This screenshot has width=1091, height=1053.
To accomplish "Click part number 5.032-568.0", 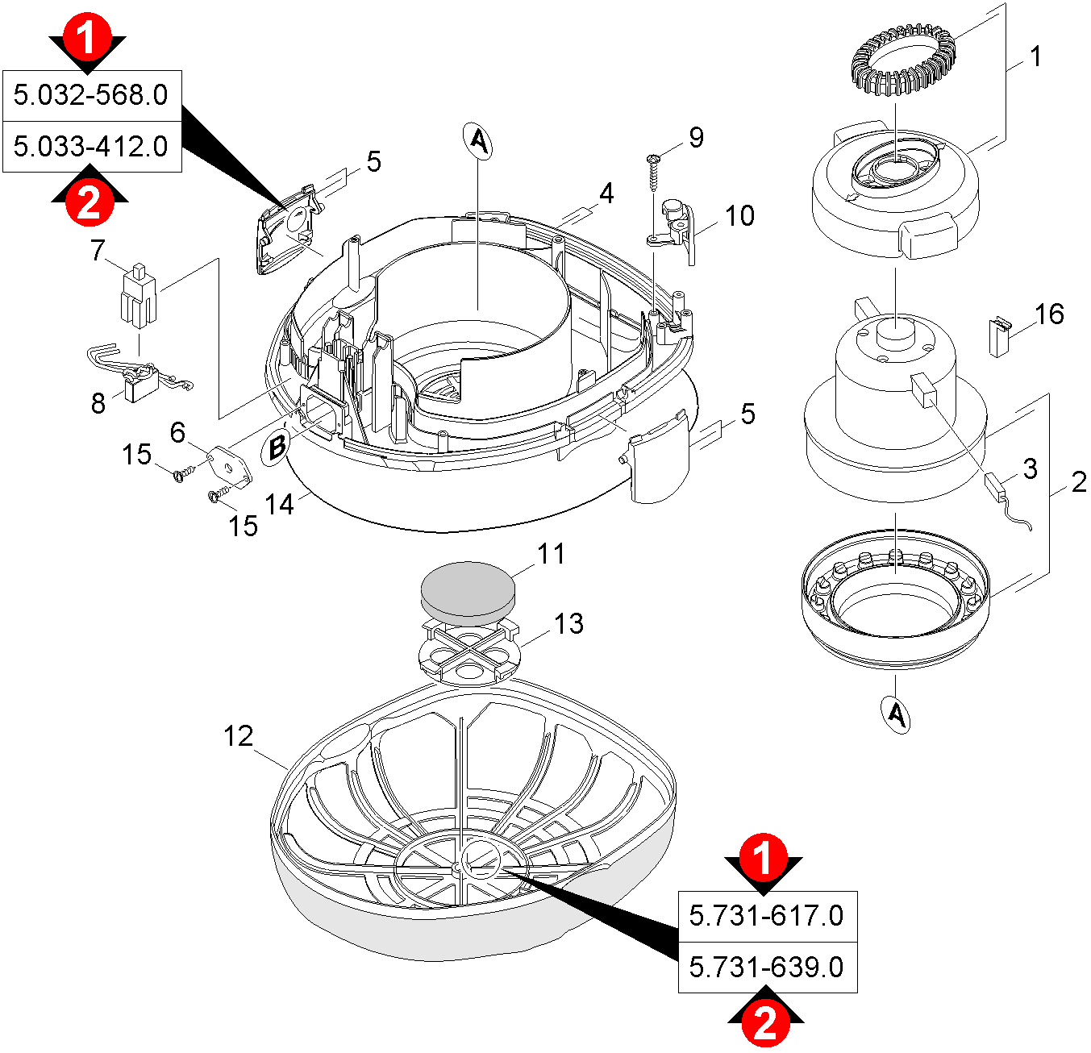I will point(91,95).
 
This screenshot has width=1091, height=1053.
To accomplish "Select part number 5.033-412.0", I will point(91,147).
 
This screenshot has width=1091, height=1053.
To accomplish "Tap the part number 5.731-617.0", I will point(766,916).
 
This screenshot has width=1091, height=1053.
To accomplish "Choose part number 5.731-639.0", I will point(766,967).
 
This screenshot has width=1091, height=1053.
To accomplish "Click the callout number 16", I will point(1049,314).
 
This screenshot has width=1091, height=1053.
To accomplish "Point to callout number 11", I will point(552,554).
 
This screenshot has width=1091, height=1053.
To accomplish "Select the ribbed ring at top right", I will point(904,57).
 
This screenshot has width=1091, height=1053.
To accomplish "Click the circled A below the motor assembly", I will point(897,714).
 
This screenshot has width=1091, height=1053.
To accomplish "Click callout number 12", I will point(238,736).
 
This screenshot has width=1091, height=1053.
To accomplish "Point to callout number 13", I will point(569,623).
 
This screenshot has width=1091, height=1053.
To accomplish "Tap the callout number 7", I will point(98,251).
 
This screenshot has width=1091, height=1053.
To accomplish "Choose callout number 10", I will point(739,216).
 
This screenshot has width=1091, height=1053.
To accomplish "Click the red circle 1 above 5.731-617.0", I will point(763,858).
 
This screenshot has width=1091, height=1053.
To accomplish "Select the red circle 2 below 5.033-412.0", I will point(89,201).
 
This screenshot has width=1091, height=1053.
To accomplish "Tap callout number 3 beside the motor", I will point(1031,469).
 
